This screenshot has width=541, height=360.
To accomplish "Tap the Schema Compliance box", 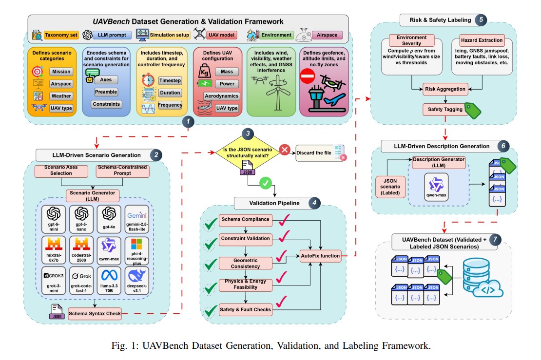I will pyautogui.click(x=245, y=219).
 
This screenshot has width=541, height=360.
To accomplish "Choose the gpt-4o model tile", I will pyautogui.click(x=109, y=218).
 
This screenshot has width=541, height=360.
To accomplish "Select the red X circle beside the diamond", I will pyautogui.click(x=285, y=151).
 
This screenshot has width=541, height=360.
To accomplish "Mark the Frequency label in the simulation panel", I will pyautogui.click(x=170, y=105).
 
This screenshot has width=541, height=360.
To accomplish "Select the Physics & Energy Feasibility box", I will pyautogui.click(x=245, y=285).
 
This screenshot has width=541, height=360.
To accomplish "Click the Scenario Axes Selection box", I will pyautogui.click(x=60, y=171).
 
